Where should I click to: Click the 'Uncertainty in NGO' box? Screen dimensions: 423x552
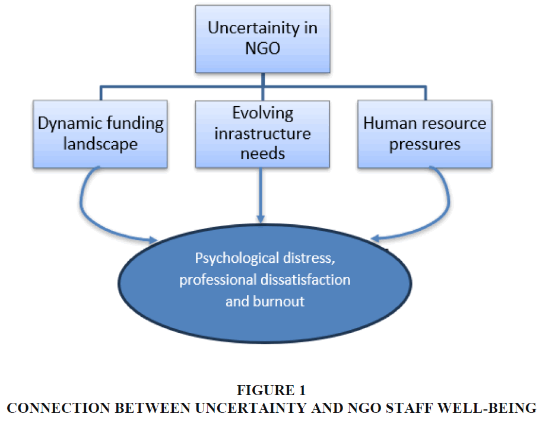point(263,39)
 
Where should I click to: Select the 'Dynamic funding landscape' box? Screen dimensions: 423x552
point(101,133)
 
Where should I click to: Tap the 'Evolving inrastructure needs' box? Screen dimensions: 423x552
point(262,133)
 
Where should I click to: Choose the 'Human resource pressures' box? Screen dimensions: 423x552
point(424,133)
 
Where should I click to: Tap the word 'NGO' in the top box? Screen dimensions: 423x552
point(263,49)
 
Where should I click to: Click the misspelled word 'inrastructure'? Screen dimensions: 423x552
point(262,133)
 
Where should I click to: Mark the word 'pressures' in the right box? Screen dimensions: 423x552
point(424,144)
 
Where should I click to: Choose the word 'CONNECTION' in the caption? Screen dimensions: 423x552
point(52,408)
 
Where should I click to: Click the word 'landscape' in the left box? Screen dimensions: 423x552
point(101,144)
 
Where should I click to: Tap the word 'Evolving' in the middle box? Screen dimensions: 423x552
point(262,113)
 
